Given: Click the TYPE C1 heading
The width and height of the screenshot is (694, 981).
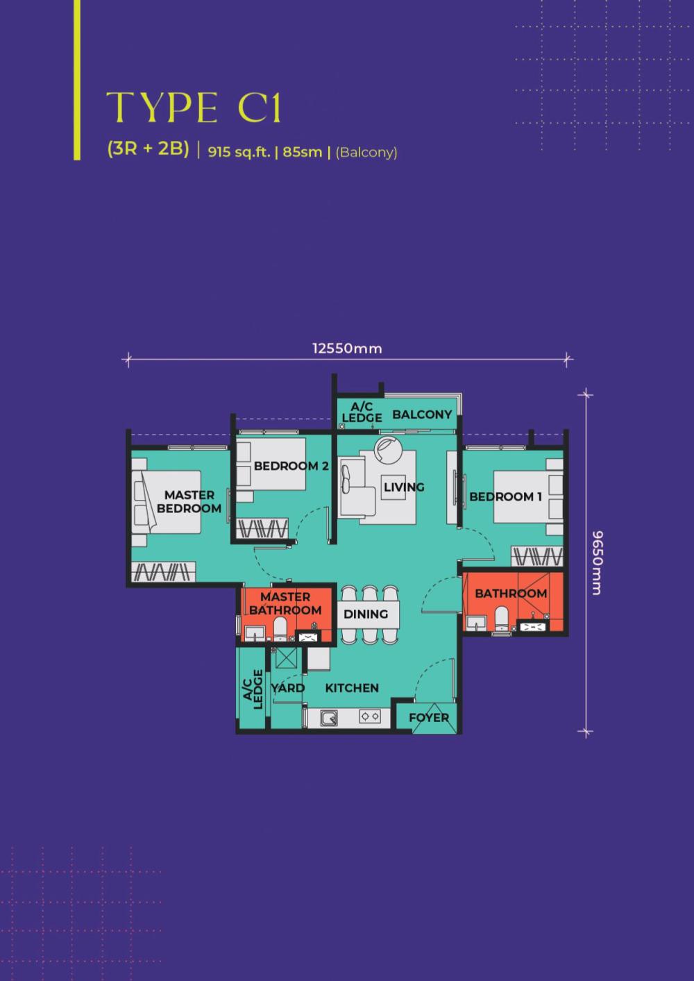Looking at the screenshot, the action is [x=193, y=108].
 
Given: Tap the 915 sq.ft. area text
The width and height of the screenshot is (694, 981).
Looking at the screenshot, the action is [x=239, y=153].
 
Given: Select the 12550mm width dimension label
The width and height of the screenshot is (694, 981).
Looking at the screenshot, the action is [x=347, y=349].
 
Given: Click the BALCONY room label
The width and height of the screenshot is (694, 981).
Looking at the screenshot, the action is [x=422, y=414].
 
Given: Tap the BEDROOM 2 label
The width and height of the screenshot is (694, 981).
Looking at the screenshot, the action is [x=291, y=466].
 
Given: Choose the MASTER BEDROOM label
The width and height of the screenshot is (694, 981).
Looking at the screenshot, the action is [x=189, y=501].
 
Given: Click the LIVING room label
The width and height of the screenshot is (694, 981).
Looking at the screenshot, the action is [x=404, y=487].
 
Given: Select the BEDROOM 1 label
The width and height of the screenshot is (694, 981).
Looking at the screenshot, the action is [x=506, y=496].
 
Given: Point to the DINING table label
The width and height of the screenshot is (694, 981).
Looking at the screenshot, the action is [x=366, y=614].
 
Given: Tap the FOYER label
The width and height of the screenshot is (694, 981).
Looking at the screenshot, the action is [x=429, y=718].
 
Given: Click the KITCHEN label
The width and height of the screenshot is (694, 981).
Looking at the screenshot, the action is [x=352, y=688].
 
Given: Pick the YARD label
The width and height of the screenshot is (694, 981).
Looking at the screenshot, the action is [x=288, y=688].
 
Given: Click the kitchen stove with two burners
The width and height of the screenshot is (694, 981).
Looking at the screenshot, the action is [x=370, y=716].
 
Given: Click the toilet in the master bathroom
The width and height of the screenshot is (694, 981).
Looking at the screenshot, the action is [x=280, y=629].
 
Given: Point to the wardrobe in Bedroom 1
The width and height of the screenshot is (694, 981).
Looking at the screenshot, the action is [x=537, y=556].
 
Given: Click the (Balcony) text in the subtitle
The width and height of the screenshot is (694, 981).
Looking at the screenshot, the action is [x=366, y=153].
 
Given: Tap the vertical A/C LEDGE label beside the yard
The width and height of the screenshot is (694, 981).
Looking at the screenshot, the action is [x=253, y=689].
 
